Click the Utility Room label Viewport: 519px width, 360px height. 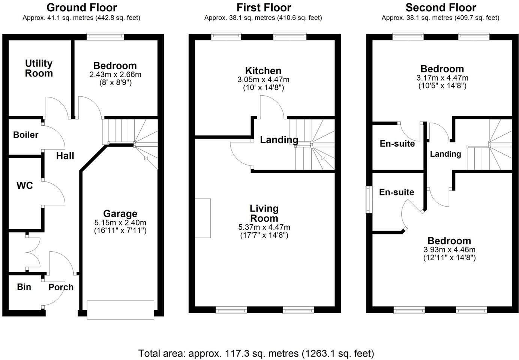coord(39,68)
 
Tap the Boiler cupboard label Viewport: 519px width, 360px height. coord(25,135)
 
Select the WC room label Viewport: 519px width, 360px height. coord(24,186)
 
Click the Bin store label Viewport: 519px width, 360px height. coord(24,287)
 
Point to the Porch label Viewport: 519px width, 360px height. coord(61,287)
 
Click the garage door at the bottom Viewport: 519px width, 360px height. coord(120,310)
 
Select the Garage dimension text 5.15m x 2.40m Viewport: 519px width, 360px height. coord(120,222)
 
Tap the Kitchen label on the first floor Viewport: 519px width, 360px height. coord(263,70)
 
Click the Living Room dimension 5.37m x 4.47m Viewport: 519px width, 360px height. coord(264,227)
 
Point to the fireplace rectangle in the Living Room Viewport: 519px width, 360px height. coord(203,218)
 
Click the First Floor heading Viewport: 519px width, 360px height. coord(264,7)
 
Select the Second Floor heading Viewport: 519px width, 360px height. coord(441,7)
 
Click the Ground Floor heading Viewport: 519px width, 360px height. coord(81,7)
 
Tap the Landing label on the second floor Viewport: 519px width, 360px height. coord(445,154)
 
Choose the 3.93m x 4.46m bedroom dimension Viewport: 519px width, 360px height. coord(449,250)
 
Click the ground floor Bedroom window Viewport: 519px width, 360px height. coord(105,36)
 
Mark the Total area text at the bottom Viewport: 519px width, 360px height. coord(256,353)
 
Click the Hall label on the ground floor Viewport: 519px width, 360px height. coord(65,156)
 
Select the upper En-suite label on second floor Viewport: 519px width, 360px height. coord(397,144)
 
